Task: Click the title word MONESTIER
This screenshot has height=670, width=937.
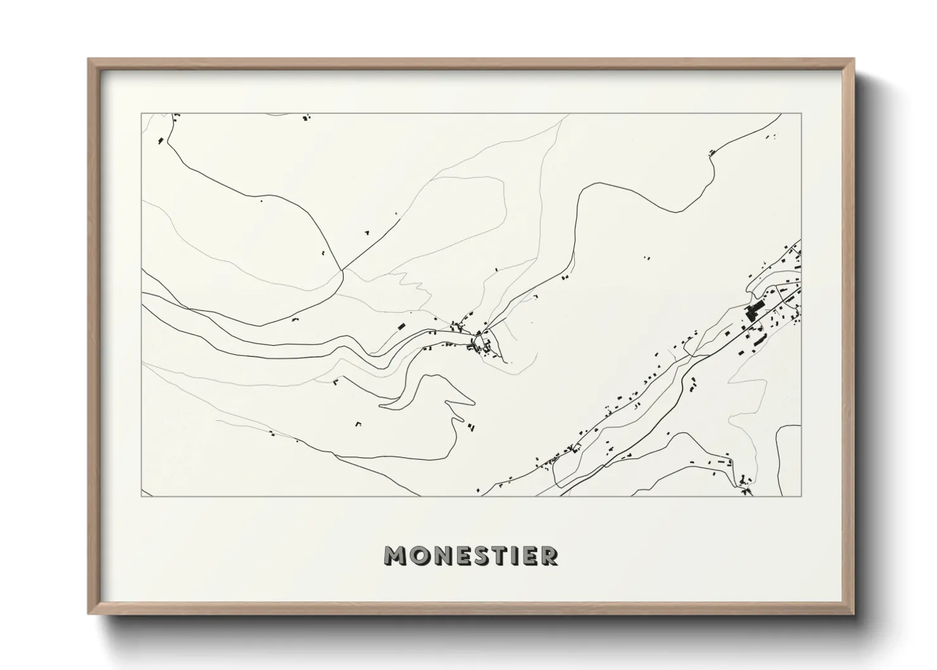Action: coord(471,555)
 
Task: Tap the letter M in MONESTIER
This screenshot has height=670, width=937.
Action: coord(394,555)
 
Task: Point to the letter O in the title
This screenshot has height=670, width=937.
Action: coord(418,555)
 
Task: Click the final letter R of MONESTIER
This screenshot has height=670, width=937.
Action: coord(549,555)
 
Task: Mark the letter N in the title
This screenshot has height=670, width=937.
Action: coord(441,555)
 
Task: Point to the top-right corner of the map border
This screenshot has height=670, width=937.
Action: coord(801,114)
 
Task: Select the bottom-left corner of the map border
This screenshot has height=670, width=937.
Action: coord(142,496)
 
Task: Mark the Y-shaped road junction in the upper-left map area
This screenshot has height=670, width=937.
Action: coord(343,270)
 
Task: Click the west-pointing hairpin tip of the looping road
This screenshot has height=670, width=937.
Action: coord(381,404)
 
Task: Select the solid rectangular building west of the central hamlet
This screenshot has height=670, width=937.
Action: coord(400,326)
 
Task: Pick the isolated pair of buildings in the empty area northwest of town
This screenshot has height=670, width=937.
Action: coord(646,258)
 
